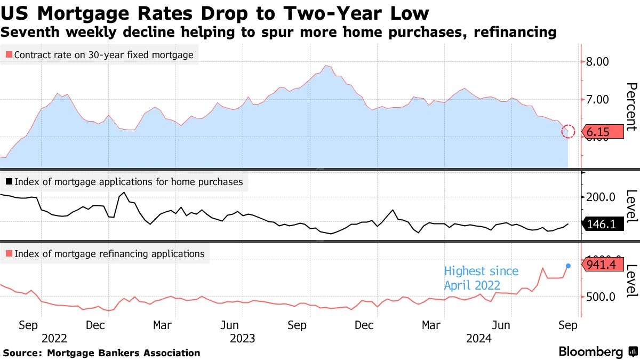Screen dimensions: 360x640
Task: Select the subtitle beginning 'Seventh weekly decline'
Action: pos(278,33)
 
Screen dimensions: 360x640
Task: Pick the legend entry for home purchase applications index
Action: pos(123,182)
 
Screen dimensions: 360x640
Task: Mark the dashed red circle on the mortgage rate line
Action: pos(569,131)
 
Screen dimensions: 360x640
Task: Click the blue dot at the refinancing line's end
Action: pos(569,266)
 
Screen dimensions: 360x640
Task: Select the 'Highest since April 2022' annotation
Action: pos(481,278)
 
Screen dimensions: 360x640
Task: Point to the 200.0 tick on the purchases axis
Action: pos(601,197)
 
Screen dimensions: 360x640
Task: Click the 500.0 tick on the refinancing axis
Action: pos(601,297)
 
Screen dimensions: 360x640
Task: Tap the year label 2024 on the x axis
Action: pos(479,338)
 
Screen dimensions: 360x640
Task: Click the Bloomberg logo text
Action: pos(590,352)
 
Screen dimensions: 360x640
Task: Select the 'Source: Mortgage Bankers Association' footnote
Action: pos(101,353)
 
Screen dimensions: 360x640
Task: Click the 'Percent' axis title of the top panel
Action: pos(631,107)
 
